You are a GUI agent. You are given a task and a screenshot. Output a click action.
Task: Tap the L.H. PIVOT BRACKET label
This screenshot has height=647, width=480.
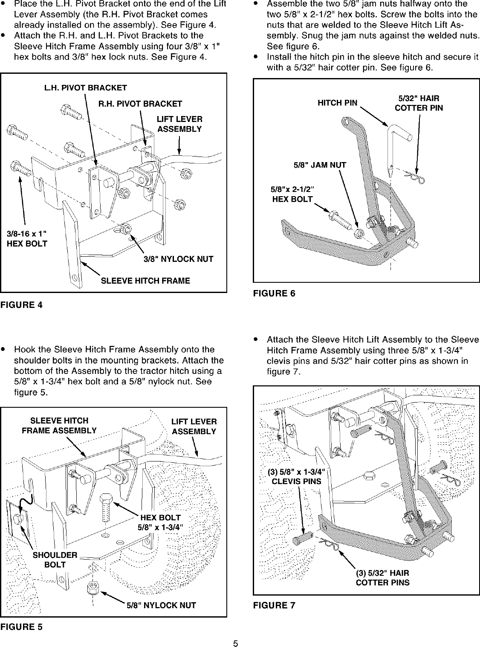pyautogui.click(x=85, y=88)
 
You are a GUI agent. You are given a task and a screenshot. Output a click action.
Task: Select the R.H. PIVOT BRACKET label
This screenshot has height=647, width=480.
pyautogui.click(x=140, y=104)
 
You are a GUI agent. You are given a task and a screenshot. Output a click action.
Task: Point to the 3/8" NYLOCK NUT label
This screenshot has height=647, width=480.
pyautogui.click(x=178, y=259)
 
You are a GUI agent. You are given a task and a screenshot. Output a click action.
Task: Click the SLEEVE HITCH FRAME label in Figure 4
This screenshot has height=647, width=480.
pyautogui.click(x=145, y=281)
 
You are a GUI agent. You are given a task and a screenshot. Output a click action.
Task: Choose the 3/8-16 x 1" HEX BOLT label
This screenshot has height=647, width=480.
pyautogui.click(x=27, y=239)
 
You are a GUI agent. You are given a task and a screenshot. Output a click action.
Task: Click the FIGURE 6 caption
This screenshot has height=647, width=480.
pyautogui.click(x=274, y=293)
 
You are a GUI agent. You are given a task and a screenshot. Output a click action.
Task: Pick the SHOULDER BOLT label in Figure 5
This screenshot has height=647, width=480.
pyautogui.click(x=55, y=560)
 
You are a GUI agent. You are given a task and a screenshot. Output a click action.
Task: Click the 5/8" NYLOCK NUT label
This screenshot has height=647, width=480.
pyautogui.click(x=161, y=605)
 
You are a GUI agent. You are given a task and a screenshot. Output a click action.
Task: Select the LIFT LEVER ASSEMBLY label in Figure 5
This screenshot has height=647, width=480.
pyautogui.click(x=194, y=426)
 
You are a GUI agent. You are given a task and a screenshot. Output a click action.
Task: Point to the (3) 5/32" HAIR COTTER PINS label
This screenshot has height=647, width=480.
pyautogui.click(x=382, y=577)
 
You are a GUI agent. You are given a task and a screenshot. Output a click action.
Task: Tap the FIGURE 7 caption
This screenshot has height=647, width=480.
pyautogui.click(x=274, y=605)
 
